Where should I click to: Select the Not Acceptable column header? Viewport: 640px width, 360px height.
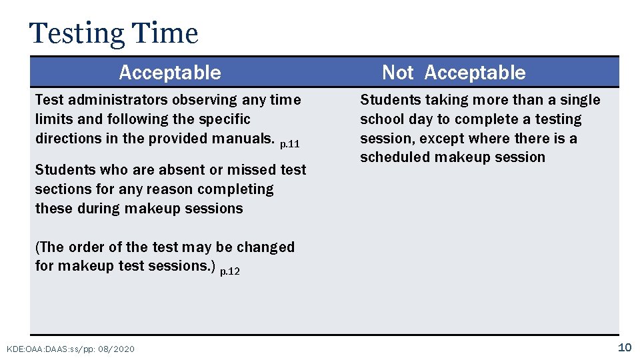click(x=453, y=73)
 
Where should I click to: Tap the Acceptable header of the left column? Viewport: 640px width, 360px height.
click(x=170, y=73)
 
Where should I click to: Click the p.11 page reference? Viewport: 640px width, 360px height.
click(x=290, y=143)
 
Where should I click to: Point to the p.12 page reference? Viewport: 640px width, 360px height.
click(x=230, y=271)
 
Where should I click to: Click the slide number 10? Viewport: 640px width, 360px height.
click(x=624, y=347)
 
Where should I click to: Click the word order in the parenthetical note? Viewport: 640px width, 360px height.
click(x=85, y=247)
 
